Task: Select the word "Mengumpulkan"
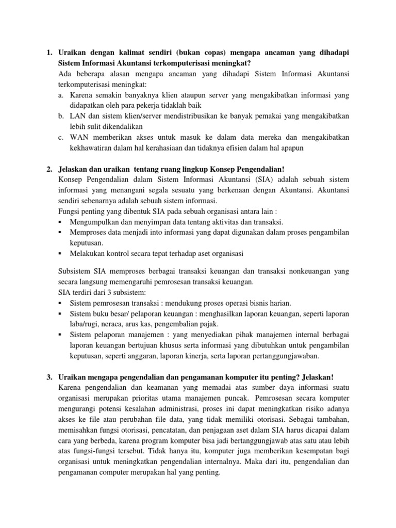[93, 222]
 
